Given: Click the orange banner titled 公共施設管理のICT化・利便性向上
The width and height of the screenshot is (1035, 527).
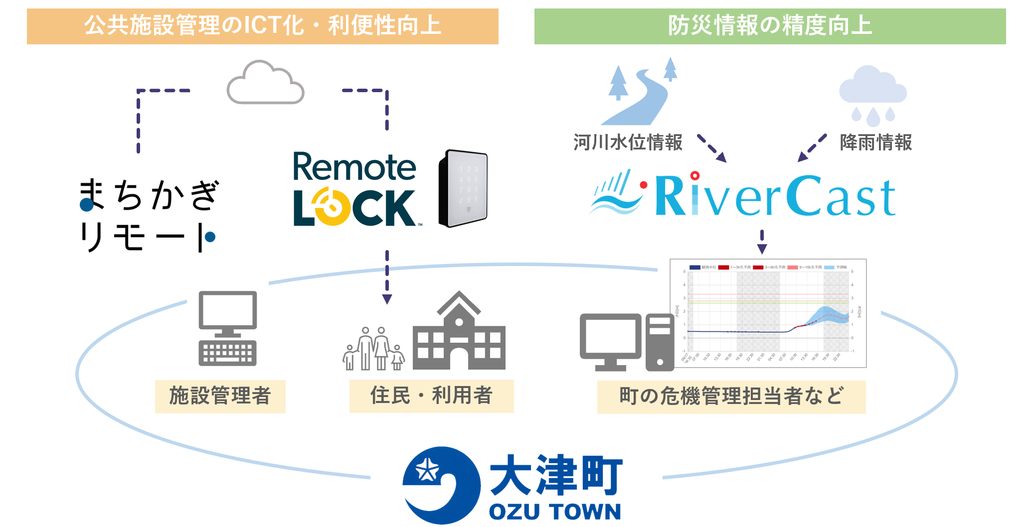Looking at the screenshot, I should pos(263,26).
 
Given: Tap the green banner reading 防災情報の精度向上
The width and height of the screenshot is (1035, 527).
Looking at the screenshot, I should pos(770,26).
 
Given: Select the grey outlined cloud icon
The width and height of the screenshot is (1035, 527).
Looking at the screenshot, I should pos(265,83).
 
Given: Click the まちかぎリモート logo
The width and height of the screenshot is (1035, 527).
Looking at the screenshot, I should pos(148,215).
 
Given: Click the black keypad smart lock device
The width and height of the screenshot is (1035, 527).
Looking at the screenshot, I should pos(463,188).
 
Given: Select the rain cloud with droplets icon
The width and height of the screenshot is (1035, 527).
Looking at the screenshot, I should pos(873,95).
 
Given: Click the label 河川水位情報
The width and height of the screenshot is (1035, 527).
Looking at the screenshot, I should pos(628,142).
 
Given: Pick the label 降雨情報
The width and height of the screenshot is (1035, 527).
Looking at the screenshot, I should pos(876,142).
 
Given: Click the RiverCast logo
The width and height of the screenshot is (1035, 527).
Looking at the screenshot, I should pos(743,196).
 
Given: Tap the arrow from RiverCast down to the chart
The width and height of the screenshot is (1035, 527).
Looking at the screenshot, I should pos(762,242).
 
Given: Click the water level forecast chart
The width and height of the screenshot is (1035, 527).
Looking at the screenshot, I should pos(768,313).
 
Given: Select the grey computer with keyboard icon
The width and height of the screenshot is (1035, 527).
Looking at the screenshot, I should pos(228,328).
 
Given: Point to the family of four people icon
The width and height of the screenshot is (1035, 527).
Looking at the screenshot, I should pos(373,349).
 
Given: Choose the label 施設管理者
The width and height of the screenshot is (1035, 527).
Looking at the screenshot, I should pos(220,396).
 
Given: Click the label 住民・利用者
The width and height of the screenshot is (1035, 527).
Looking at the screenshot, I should pos(431,396).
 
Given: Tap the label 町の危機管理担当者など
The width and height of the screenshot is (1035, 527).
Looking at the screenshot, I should pos(731,397).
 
